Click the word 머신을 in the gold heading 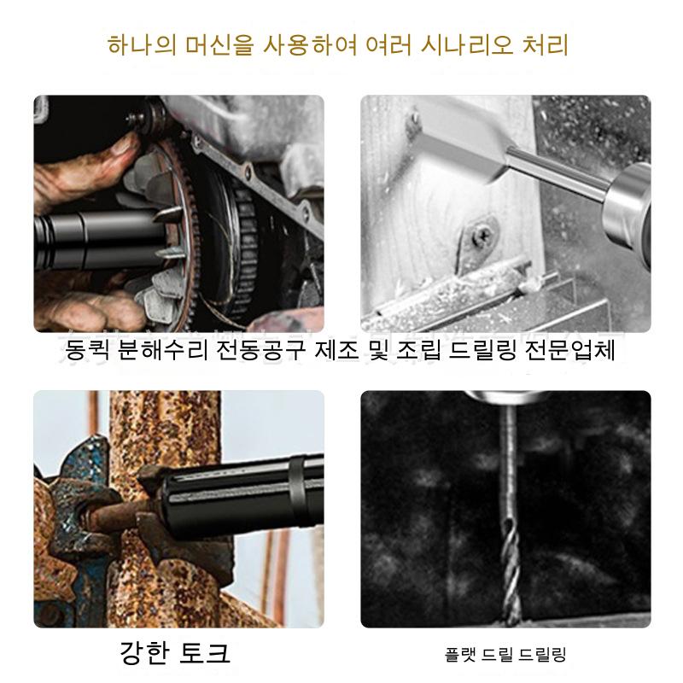[219, 45]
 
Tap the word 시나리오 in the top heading [466, 45]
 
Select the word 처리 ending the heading [546, 45]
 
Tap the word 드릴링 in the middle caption [482, 350]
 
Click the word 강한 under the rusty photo [143, 652]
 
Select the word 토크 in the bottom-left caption [205, 652]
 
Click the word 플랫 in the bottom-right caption [459, 654]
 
